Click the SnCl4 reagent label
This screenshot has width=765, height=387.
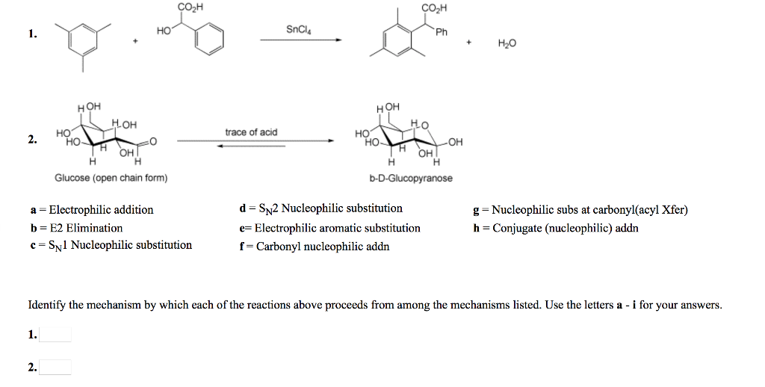tap(298, 30)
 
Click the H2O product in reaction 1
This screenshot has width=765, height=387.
tap(506, 44)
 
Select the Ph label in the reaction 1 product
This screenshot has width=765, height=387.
tap(442, 32)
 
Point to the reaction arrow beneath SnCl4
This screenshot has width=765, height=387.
tap(300, 40)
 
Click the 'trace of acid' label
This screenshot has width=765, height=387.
tap(251, 132)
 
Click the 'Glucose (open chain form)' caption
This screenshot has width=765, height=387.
tap(111, 178)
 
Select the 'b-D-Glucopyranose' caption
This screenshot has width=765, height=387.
tap(410, 178)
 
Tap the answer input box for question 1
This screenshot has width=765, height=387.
tap(55, 334)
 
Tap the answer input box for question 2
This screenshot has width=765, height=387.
tap(55, 366)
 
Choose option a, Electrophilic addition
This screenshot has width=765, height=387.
tap(90, 210)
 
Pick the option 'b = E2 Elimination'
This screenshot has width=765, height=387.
tap(75, 228)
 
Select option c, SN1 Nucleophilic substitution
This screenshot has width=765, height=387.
tap(110, 245)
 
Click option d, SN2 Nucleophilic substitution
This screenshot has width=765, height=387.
tap(320, 208)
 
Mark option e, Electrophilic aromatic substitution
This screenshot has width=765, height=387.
tap(329, 228)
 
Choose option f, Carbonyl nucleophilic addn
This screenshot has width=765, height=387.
tap(314, 246)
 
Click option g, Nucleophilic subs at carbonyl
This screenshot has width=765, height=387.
tap(580, 210)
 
